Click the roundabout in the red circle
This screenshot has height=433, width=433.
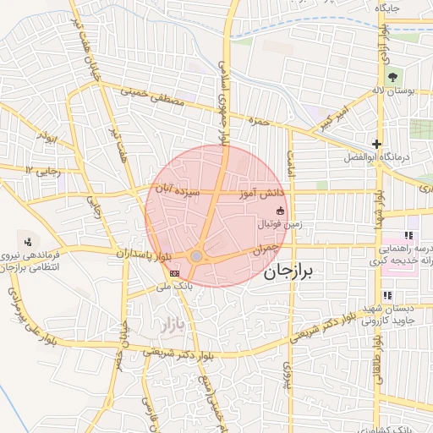click(196, 255)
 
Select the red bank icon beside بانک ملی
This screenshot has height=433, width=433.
click(174, 273)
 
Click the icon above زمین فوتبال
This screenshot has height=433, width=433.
click(280, 211)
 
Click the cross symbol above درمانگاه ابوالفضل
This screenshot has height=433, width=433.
click(376, 144)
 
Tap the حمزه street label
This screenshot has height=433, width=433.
click(258, 121)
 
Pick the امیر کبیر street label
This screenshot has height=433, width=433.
click(332, 118)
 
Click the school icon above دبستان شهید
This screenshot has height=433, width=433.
click(386, 295)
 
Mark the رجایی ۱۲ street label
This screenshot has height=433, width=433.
click(44, 170)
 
